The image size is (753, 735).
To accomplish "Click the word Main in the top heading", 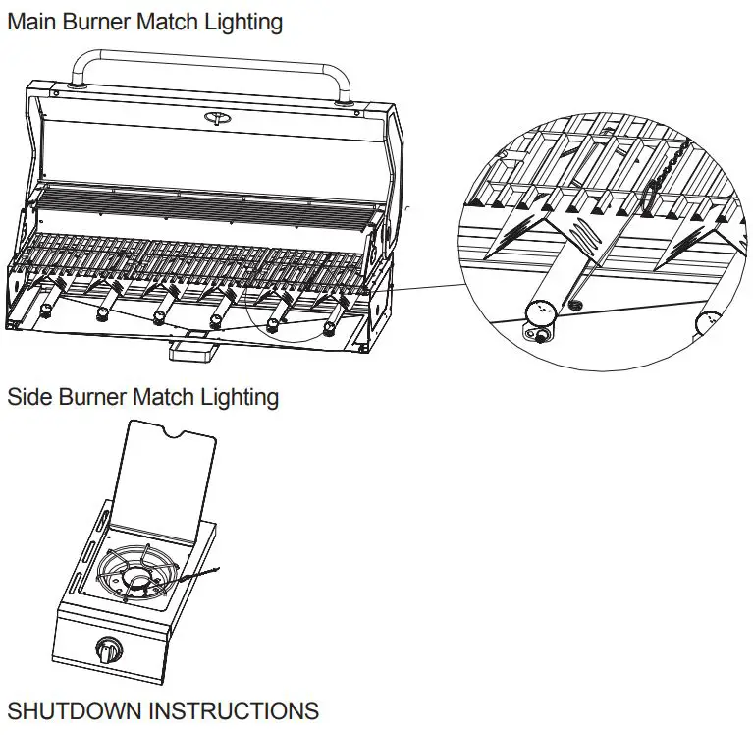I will coord(34,21).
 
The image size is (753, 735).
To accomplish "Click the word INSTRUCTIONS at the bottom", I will coord(242,711).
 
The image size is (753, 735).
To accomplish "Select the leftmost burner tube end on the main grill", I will coord(45,312).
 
